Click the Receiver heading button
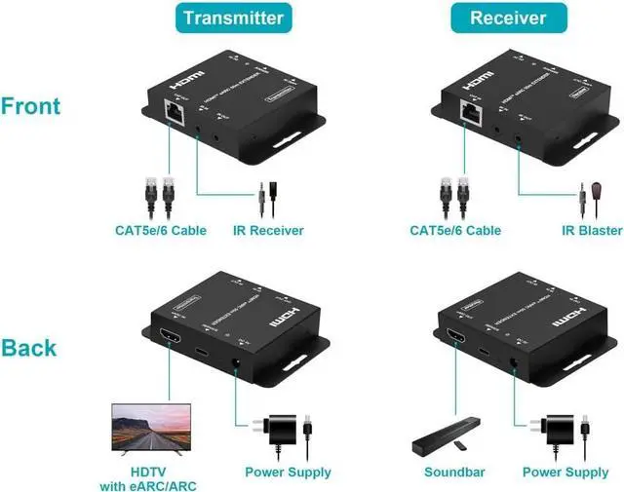[x=508, y=18]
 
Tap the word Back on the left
[x=28, y=348]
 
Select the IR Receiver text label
[x=268, y=231]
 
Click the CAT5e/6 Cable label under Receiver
[x=455, y=231]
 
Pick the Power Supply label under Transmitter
[x=288, y=473]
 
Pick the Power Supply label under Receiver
[x=565, y=473]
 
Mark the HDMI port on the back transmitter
[x=168, y=341]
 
